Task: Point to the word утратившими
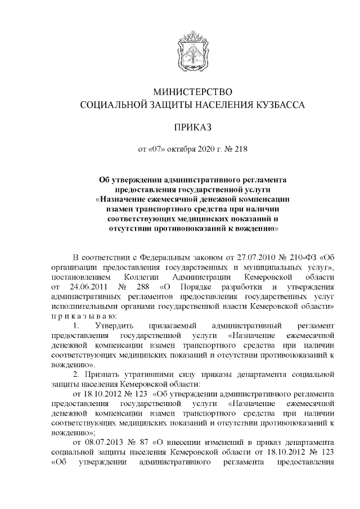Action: coord(153,373)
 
